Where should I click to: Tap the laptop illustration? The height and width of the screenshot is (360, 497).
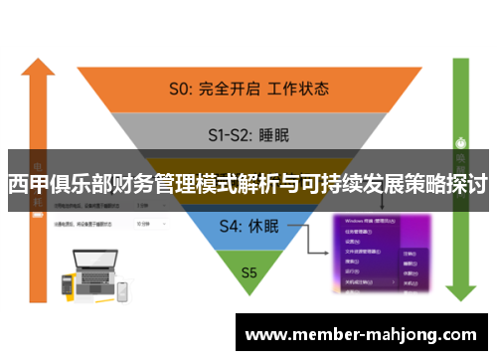pyautogui.click(x=88, y=266)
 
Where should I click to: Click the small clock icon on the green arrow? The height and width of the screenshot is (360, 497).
pyautogui.click(x=460, y=139)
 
